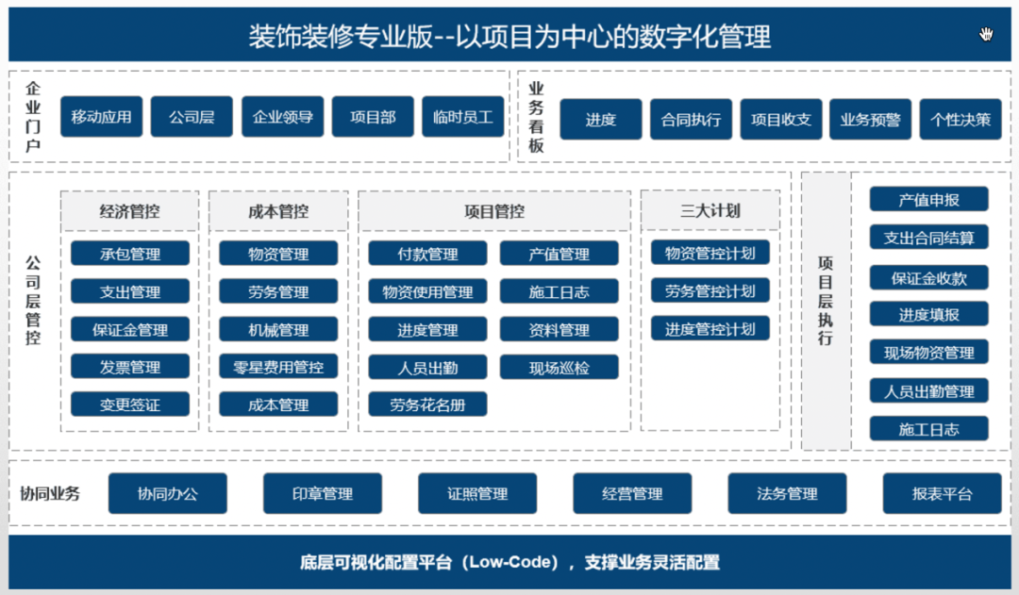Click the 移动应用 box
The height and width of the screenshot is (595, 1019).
click(101, 118)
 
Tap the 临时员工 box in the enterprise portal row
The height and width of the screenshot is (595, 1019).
click(462, 118)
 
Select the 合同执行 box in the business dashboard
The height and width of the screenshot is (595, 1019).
click(691, 120)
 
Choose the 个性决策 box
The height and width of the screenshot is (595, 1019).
click(960, 120)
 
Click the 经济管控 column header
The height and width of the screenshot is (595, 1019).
click(129, 211)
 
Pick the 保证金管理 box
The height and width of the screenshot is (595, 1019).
click(129, 330)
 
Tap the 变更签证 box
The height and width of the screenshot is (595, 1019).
click(129, 405)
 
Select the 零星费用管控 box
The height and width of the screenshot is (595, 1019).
click(277, 367)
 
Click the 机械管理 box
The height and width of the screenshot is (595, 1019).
click(277, 330)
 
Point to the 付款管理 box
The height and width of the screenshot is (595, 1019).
click(427, 254)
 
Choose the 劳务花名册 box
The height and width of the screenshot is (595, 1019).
click(427, 405)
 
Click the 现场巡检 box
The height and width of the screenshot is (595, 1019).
click(559, 367)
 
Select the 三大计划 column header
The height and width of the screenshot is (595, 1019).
click(710, 211)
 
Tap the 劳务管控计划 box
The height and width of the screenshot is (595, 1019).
click(710, 290)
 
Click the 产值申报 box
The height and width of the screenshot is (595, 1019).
click(928, 199)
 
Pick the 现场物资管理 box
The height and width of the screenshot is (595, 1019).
click(928, 353)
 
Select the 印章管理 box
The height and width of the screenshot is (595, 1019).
click(322, 493)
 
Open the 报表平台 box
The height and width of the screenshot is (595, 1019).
click(942, 493)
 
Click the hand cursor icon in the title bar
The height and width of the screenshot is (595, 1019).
click(986, 35)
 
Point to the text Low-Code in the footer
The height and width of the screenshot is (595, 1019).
click(510, 563)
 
